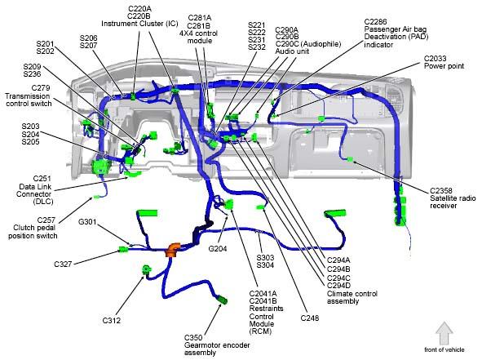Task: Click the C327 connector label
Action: [x=63, y=264]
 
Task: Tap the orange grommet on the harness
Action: [x=173, y=249]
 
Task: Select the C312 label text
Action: [x=111, y=321]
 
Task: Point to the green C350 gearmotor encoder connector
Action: [x=222, y=300]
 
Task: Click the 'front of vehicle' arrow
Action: [x=444, y=333]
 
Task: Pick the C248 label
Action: [x=310, y=318]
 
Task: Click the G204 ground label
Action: [x=218, y=249]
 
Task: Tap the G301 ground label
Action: [x=87, y=222]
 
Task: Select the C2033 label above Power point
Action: [x=435, y=59]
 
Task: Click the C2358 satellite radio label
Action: [x=441, y=191]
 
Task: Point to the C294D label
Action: [x=338, y=286]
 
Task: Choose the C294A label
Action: [x=338, y=260]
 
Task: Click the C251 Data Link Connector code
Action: [x=42, y=179]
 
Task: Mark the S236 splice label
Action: [x=32, y=74]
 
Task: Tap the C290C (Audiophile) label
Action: [x=308, y=44]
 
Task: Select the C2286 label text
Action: [x=375, y=21]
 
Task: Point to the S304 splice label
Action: [x=265, y=265]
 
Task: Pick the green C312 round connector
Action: [x=147, y=269]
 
